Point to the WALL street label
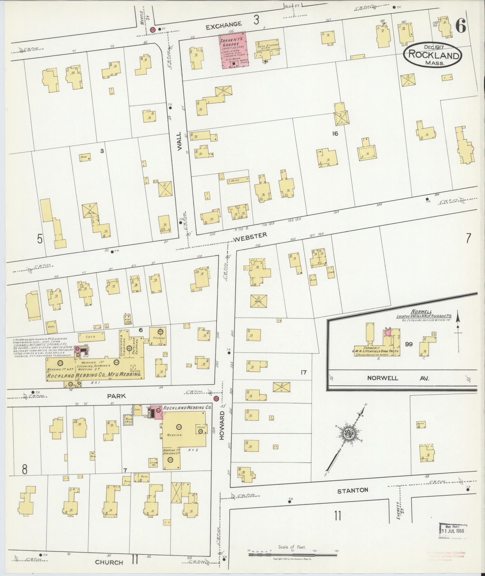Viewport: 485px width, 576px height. (180, 141)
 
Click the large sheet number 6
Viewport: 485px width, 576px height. (461, 27)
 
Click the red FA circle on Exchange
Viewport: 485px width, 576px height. (152, 30)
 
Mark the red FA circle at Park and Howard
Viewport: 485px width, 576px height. (216, 399)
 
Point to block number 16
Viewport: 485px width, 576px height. (335, 134)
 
